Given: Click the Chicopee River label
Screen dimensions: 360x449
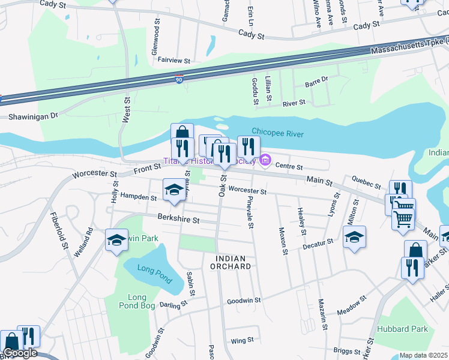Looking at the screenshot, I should (x=278, y=133).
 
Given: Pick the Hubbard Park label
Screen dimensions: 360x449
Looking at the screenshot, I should (x=402, y=329).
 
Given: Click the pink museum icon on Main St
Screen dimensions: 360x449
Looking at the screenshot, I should (x=265, y=160).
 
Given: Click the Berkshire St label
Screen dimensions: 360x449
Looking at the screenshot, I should (x=178, y=220).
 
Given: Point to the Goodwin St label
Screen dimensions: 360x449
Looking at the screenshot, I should (x=244, y=300).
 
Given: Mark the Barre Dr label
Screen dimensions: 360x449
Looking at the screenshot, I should (x=317, y=79).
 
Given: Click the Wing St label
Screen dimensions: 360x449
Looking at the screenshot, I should (x=243, y=341).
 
